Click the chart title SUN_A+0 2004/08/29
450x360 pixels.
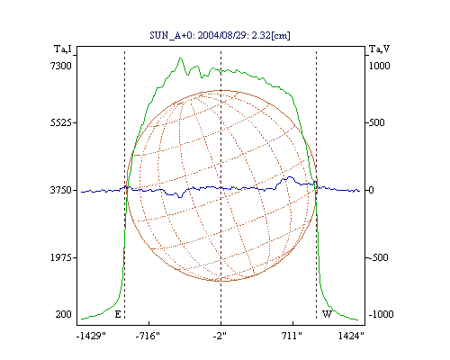[x=220, y=35]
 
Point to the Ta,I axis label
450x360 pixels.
[x=63, y=49]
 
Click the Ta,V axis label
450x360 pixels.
[x=379, y=49]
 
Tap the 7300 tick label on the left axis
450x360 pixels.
[x=61, y=66]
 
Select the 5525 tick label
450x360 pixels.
[x=61, y=122]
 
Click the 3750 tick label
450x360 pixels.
[x=61, y=190]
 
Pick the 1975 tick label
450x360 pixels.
[x=61, y=257]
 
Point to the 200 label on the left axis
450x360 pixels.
[x=63, y=314]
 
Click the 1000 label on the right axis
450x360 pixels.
[x=379, y=66]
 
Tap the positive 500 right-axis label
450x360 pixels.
[x=376, y=122]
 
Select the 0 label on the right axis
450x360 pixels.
[x=371, y=190]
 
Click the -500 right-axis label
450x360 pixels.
[x=378, y=257]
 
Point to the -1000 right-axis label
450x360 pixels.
[x=381, y=314]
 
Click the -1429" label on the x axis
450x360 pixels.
[x=91, y=336]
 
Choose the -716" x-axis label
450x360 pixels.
[x=148, y=336]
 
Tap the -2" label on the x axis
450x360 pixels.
[x=220, y=336]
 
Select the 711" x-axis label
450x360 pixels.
[x=292, y=336]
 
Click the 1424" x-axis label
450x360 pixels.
[x=351, y=336]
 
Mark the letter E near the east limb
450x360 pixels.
[x=118, y=314]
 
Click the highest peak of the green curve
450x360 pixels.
[x=180, y=58]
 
